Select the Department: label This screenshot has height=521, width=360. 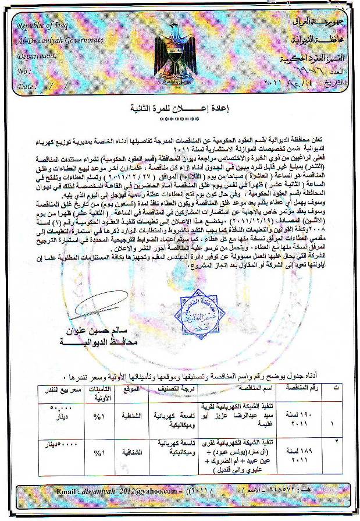click(37, 56)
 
